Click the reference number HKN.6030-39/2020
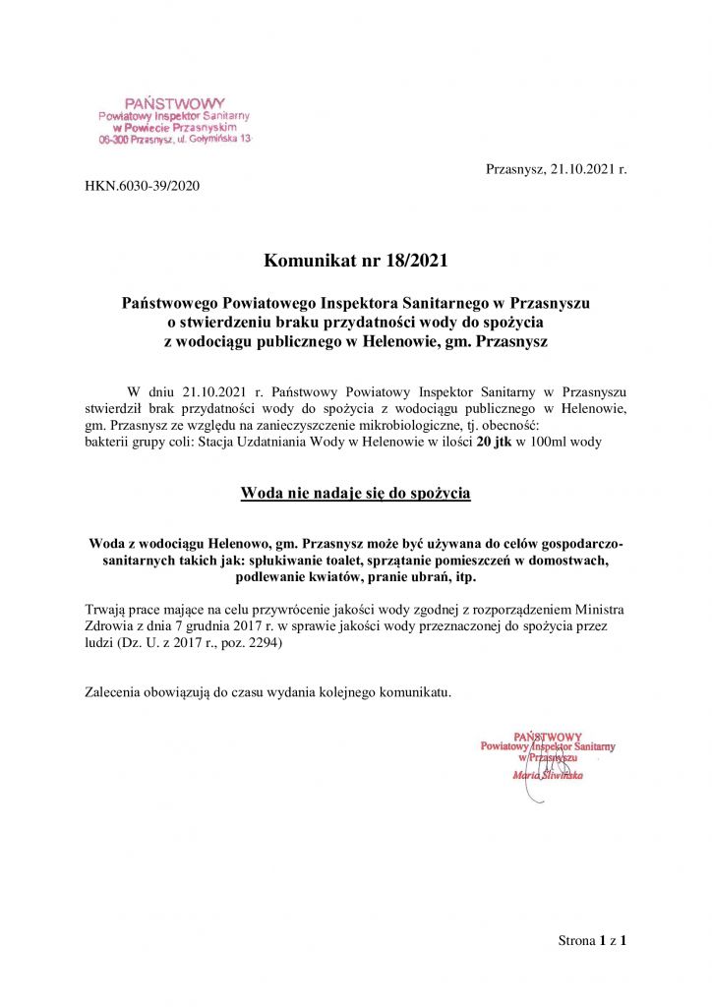click(142, 185)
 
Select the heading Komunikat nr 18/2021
click(355, 261)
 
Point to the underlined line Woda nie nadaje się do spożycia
click(355, 493)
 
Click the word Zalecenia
click(116, 692)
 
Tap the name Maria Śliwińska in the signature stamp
click(548, 775)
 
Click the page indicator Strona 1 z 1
click(592, 940)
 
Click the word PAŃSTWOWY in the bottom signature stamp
click(548, 736)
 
